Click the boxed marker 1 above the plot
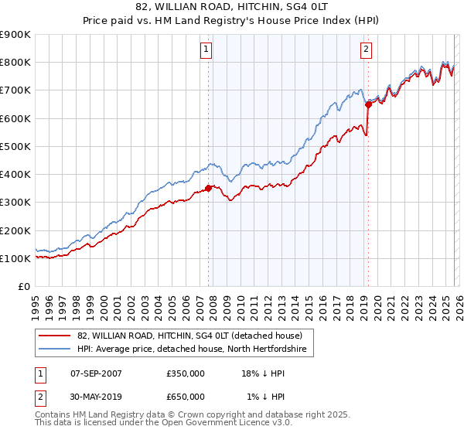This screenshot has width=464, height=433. click(207, 50)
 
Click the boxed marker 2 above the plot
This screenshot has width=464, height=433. click(366, 50)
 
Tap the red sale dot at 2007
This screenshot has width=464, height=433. click(208, 188)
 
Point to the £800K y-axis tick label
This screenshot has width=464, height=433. click(15, 63)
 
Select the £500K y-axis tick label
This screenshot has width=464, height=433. click(15, 146)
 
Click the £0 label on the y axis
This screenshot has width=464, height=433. click(23, 286)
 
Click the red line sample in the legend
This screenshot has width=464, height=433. click(56, 336)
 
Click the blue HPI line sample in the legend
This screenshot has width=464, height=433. click(56, 349)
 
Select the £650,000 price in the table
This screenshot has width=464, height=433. click(186, 396)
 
